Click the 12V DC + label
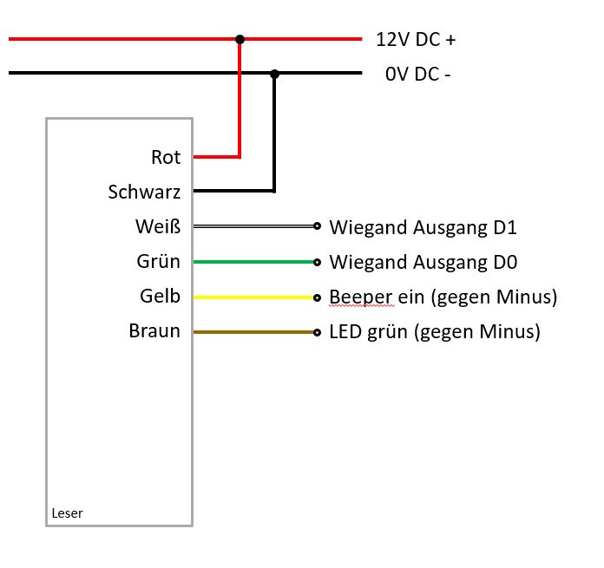[415, 40]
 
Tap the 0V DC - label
[417, 75]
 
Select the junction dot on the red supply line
[240, 39]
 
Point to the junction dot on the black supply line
[274, 74]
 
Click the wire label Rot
[166, 157]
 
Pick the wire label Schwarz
[144, 192]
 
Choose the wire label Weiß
[158, 227]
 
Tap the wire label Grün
[159, 262]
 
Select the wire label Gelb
[160, 297]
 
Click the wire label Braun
[154, 331]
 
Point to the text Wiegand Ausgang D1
[423, 227]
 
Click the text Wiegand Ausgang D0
[423, 262]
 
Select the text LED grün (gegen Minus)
[435, 332]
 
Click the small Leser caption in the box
[67, 513]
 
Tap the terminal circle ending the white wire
[318, 227]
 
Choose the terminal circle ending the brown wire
[318, 332]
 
